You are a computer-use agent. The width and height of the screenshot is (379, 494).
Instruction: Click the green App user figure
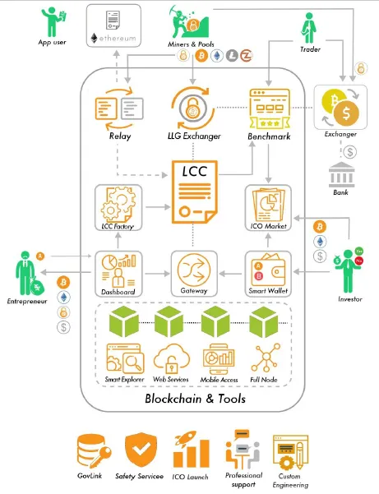(x=52, y=22)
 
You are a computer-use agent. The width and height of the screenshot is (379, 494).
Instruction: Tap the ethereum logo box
(x=113, y=25)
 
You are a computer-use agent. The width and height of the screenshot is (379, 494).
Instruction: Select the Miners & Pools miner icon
(x=189, y=21)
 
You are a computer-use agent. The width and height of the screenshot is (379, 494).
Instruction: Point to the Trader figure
(x=309, y=28)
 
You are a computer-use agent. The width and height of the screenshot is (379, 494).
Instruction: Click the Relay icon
(x=119, y=108)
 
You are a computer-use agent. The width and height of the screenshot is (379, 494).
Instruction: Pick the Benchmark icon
(x=270, y=108)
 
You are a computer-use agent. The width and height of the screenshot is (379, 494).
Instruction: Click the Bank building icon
(x=341, y=175)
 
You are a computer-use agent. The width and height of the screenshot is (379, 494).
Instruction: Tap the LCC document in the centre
(x=194, y=192)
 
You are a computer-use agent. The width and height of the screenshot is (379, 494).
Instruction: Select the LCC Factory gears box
(x=118, y=208)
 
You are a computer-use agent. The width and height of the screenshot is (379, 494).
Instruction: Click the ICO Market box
(x=268, y=208)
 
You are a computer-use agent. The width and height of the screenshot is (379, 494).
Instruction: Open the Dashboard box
(x=118, y=274)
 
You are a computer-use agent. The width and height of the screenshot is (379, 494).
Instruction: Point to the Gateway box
(x=194, y=274)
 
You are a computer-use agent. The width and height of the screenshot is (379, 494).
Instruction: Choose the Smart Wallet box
(x=268, y=274)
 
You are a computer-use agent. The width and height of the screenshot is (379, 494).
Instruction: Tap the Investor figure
(x=348, y=270)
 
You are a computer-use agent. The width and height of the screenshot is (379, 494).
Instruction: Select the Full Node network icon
(x=266, y=358)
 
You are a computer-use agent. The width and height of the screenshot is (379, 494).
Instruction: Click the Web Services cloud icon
(x=172, y=358)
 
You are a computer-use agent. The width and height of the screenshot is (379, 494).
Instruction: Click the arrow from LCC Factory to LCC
(x=158, y=207)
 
